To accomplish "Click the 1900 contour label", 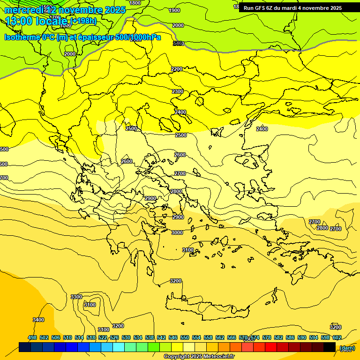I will click(x=174, y=10).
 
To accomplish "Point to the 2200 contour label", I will click(x=177, y=69).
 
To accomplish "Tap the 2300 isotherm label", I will click(x=178, y=92).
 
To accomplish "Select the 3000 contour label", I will click(x=177, y=233).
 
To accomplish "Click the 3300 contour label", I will click(x=76, y=297).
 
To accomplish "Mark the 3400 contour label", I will click(x=38, y=320).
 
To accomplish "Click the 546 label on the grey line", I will click(x=178, y=44).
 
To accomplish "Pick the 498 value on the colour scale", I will click(x=32, y=337).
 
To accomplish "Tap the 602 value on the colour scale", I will click(x=337, y=337).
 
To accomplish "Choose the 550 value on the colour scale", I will click(x=185, y=337).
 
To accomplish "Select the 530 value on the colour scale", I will click(x=126, y=337).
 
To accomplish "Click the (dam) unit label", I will click(x=347, y=348).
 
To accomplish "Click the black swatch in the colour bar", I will click(x=330, y=347).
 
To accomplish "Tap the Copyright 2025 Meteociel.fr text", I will click(x=199, y=357).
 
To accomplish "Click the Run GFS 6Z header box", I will click(x=292, y=8).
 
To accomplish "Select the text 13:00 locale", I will click(x=37, y=21).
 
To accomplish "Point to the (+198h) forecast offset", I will click(x=83, y=21).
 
